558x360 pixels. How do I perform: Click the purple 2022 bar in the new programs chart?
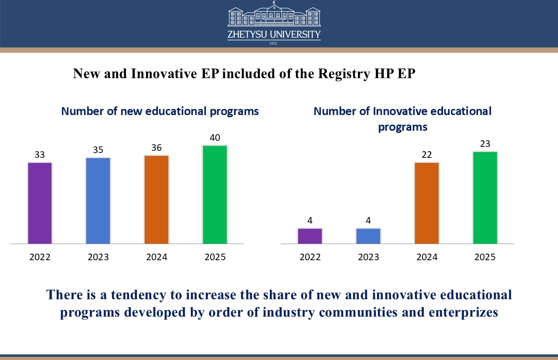click(x=40, y=203)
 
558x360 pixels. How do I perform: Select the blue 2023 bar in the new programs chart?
click(x=98, y=200)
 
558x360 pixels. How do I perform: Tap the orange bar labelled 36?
click(x=157, y=200)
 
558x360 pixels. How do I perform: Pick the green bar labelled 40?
click(x=215, y=194)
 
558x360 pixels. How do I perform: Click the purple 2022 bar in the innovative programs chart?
click(x=310, y=236)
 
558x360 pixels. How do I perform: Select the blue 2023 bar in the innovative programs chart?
click(x=368, y=236)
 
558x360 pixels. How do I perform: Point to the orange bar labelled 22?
click(x=427, y=203)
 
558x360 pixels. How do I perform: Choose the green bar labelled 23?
click(x=485, y=197)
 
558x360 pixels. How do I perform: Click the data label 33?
click(x=40, y=155)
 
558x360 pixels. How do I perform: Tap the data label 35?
click(x=98, y=150)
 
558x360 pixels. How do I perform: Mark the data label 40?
click(x=215, y=138)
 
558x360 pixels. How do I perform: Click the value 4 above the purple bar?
click(x=310, y=221)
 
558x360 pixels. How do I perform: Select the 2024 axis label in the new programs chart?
click(x=157, y=257)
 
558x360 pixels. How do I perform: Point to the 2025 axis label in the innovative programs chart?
click(x=485, y=257)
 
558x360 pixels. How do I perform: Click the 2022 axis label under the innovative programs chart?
click(x=310, y=257)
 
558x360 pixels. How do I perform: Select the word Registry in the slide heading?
click(x=344, y=74)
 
